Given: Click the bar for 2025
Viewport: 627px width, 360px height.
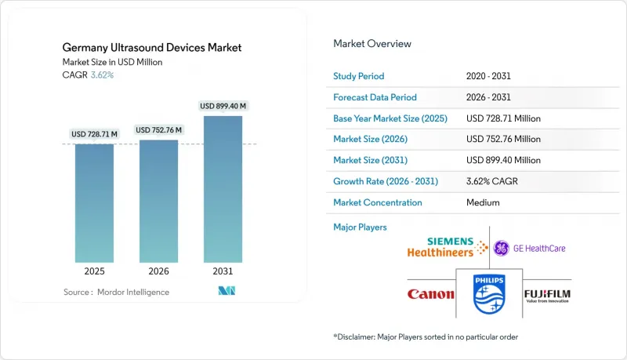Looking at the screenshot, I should [94, 203].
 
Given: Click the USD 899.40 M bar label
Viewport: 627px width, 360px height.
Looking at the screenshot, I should [223, 106].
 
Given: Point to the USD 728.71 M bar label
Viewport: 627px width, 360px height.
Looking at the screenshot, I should [94, 134].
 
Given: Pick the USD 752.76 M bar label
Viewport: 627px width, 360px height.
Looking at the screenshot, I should [158, 130].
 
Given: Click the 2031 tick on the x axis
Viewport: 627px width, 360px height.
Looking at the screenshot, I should [223, 271].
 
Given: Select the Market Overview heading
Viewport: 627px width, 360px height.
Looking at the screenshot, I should [372, 44].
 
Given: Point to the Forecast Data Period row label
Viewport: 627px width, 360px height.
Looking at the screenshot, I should [375, 97].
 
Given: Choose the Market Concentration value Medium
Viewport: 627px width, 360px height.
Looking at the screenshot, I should [482, 202].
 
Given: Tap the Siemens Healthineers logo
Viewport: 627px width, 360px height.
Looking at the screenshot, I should [440, 248].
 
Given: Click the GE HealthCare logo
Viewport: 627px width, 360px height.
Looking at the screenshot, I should [529, 249].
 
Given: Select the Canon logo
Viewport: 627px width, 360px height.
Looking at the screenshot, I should [430, 294].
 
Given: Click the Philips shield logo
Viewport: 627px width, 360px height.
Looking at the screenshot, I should [489, 294].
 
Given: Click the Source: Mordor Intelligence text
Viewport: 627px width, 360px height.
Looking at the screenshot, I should [117, 292].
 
